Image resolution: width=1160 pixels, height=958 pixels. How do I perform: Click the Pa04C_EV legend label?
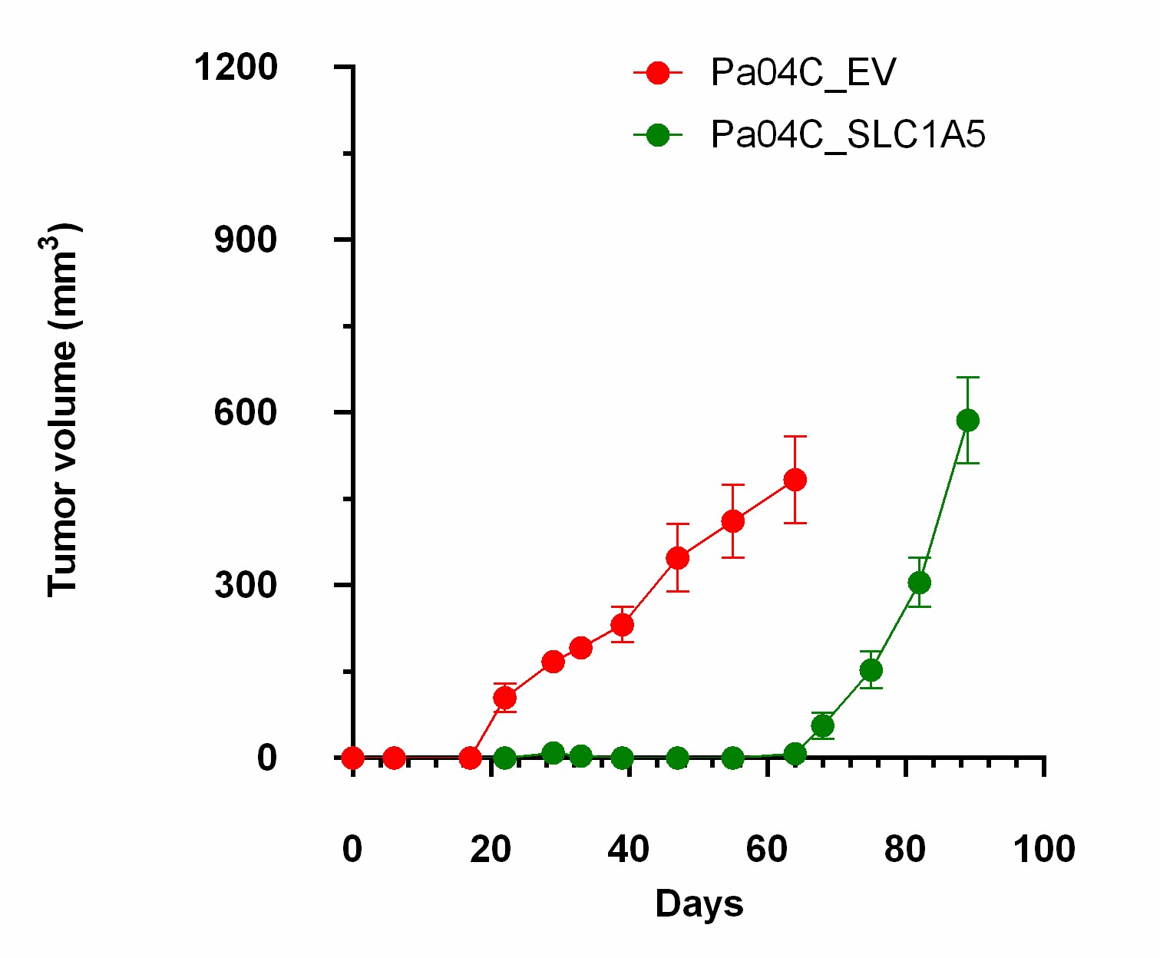[x=803, y=73]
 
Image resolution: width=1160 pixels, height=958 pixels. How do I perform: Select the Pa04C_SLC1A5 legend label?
[x=848, y=135]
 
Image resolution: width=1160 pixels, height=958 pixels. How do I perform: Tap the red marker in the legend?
[x=658, y=73]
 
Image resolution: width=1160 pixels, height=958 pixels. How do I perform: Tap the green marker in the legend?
[x=658, y=136]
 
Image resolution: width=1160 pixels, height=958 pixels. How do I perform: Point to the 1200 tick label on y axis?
[x=236, y=68]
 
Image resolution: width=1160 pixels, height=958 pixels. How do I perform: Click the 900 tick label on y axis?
[x=246, y=240]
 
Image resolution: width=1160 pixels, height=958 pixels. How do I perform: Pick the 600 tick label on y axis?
[x=246, y=413]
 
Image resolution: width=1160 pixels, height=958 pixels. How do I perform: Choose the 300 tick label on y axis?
[x=246, y=586]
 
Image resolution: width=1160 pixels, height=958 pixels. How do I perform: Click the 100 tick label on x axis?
[x=1044, y=850]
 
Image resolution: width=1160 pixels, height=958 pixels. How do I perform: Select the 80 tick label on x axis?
[x=906, y=850]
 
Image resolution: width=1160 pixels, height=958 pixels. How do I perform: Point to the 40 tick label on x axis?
[x=629, y=850]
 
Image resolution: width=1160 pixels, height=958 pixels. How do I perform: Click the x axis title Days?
[x=699, y=904]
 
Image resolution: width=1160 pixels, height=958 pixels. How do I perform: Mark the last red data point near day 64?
[x=795, y=481]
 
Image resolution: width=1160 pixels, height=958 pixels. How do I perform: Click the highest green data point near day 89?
[x=968, y=420]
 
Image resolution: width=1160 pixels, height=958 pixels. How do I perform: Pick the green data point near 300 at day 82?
[x=919, y=583]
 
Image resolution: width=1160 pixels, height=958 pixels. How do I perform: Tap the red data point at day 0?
[x=352, y=758]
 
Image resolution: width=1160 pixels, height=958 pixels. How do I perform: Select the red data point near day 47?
[x=677, y=558]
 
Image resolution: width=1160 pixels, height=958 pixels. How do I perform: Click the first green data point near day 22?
[x=504, y=758]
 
